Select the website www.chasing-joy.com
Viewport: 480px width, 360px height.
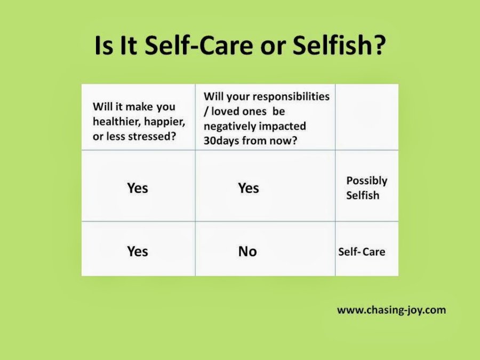click(x=391, y=310)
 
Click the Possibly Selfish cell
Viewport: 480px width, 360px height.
click(x=366, y=188)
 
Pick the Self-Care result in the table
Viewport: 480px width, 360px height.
click(x=362, y=251)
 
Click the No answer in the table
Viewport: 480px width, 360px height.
click(x=247, y=251)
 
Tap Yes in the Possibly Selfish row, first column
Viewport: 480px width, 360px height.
click(x=138, y=188)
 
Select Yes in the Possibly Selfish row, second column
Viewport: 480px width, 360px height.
click(x=249, y=188)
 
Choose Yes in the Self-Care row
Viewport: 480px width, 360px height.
click(x=138, y=251)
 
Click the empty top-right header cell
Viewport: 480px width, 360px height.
click(x=366, y=117)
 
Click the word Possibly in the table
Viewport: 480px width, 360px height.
click(x=366, y=180)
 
